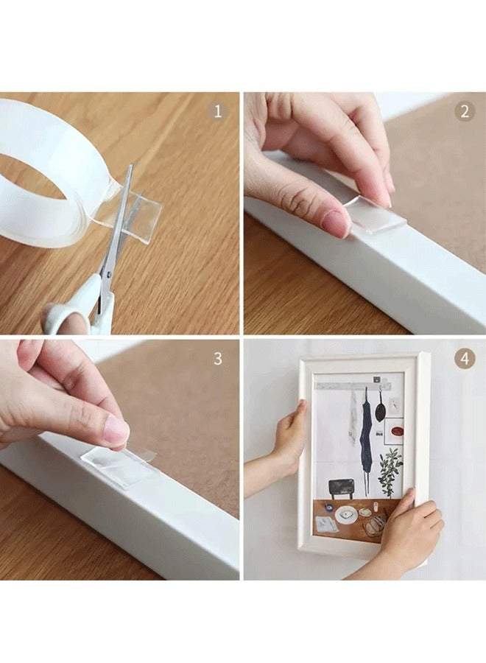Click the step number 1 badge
point(216,112)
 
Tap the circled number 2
point(464,112)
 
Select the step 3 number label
point(217,359)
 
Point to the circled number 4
point(464,359)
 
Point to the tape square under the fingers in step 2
point(376,217)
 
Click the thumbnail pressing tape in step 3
point(116,430)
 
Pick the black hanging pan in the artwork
point(380,409)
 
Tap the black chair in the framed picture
point(341,488)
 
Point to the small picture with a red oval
point(395,429)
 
